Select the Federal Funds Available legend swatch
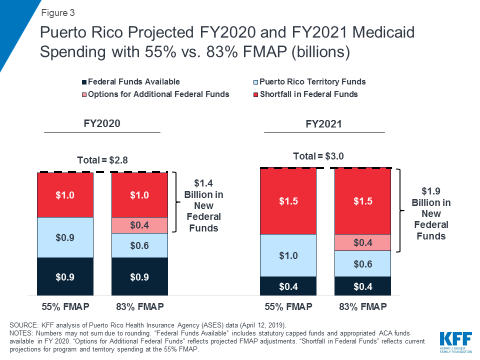84,82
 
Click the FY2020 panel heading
102,123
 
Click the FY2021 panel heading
324,124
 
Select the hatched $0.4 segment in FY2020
139,225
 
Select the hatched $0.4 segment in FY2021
362,242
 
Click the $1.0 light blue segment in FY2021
288,255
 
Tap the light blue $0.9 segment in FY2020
65,237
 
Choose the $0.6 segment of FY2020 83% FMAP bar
139,245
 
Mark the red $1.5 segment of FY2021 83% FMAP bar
362,201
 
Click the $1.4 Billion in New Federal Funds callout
203,205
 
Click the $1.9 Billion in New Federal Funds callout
431,213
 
